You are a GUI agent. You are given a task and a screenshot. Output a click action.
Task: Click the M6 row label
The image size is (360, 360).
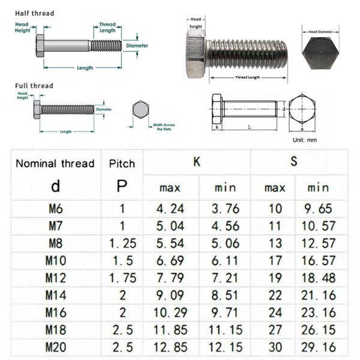(55, 209)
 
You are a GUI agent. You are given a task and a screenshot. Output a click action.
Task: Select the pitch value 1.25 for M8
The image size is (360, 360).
(122, 244)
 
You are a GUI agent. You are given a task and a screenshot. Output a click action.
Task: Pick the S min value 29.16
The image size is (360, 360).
(318, 347)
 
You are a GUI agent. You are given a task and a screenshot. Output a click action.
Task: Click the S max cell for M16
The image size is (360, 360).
(274, 313)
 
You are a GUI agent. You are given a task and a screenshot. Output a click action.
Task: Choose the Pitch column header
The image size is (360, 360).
(122, 163)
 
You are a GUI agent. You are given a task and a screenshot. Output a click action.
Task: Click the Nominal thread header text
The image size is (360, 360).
(55, 163)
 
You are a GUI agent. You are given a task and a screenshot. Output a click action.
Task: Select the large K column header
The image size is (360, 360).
(196, 161)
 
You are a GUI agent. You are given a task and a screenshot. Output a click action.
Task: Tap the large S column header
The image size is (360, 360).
(294, 161)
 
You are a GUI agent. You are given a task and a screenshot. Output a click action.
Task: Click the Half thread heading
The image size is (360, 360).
(34, 13)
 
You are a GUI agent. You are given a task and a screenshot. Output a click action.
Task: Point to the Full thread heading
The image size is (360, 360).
(34, 86)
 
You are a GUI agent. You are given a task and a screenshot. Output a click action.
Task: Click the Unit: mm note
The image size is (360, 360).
(305, 140)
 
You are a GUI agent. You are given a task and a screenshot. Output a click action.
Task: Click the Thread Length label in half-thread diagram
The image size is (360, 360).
(107, 28)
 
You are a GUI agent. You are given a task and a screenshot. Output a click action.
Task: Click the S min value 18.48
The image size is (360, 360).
(318, 278)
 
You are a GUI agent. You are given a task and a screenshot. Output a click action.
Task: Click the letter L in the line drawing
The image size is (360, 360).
(249, 127)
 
